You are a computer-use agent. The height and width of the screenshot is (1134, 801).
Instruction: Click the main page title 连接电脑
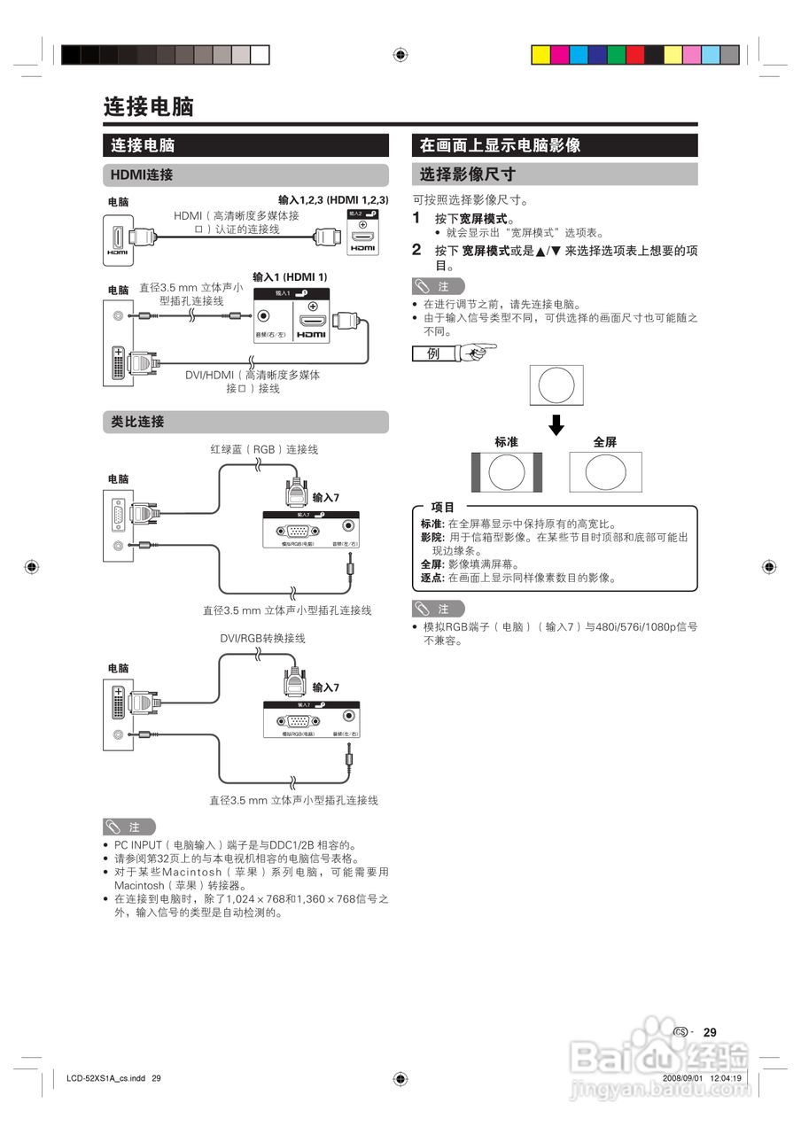148,107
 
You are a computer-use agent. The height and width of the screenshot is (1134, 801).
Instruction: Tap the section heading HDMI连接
141,175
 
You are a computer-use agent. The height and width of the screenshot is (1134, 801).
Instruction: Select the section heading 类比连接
137,422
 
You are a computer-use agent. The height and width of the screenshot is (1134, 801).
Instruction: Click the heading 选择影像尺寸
467,175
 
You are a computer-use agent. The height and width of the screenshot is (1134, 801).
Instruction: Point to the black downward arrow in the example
556,424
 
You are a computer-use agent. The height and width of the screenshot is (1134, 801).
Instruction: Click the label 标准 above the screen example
506,441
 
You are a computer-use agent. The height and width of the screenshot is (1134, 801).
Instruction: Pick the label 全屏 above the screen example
604,441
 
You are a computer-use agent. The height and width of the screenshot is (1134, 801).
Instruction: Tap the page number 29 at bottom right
710,1032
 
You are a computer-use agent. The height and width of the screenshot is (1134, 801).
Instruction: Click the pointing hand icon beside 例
476,353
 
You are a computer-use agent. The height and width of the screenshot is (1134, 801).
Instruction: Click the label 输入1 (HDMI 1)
290,276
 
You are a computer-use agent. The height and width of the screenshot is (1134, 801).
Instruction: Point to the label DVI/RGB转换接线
263,638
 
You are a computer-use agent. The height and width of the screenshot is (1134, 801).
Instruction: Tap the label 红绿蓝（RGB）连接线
263,449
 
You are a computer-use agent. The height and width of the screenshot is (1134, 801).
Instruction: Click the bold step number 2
416,250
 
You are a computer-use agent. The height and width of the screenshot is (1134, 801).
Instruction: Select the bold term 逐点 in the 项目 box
432,578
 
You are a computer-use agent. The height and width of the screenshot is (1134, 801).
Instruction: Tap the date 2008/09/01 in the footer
682,1078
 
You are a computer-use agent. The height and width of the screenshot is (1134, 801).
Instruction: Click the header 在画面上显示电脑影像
500,145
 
